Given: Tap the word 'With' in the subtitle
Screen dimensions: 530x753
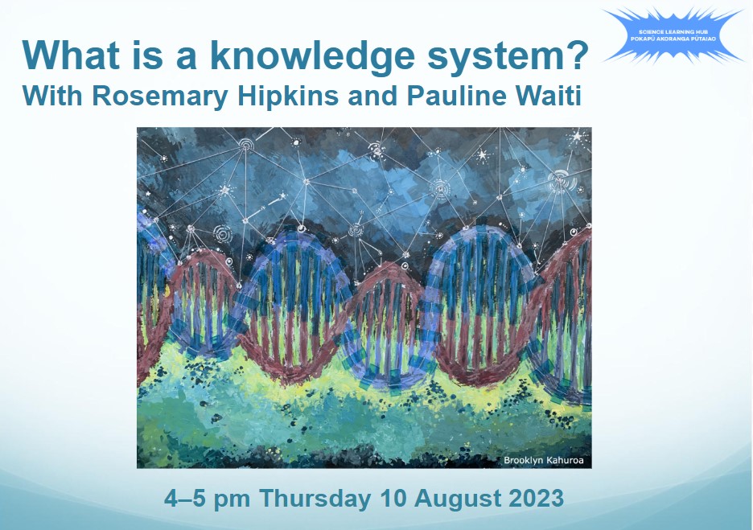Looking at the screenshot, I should [x=51, y=97].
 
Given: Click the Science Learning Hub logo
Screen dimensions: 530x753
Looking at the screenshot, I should [x=673, y=35].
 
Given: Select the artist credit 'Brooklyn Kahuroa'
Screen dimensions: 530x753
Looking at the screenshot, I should [x=544, y=459].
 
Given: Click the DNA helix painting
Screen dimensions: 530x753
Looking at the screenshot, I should [x=364, y=298].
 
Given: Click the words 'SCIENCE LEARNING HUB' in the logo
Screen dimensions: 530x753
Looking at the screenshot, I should [x=673, y=30].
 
